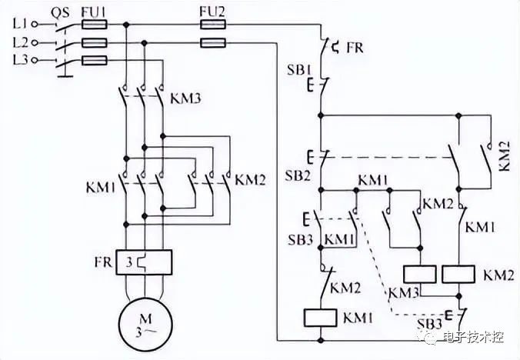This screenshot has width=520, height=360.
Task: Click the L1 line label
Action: (x=20, y=24)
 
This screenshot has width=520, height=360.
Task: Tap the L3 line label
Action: (x=20, y=60)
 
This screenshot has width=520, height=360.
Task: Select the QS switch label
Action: (x=60, y=12)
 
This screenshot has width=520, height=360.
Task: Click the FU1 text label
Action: (x=94, y=12)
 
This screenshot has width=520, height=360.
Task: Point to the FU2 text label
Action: (x=212, y=12)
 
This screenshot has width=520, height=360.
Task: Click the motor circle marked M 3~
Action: (x=146, y=324)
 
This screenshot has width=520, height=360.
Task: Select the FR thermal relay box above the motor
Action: (x=144, y=262)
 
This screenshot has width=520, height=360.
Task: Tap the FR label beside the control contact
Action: (x=355, y=48)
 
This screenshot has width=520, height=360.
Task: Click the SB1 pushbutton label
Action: (x=299, y=70)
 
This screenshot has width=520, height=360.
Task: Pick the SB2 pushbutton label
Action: (x=298, y=175)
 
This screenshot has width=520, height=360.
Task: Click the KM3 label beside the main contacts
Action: (x=185, y=98)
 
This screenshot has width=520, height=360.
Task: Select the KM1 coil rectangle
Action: (x=320, y=318)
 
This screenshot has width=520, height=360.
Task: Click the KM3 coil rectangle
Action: (x=420, y=274)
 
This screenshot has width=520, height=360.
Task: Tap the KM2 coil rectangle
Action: (x=458, y=274)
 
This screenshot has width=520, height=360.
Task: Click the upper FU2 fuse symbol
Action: (x=212, y=24)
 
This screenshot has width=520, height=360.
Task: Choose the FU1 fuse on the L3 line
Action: (x=94, y=60)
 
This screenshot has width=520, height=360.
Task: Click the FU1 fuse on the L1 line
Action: (x=94, y=25)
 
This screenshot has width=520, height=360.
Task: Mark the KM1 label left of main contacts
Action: (x=101, y=188)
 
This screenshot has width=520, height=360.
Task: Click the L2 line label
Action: (x=20, y=42)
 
